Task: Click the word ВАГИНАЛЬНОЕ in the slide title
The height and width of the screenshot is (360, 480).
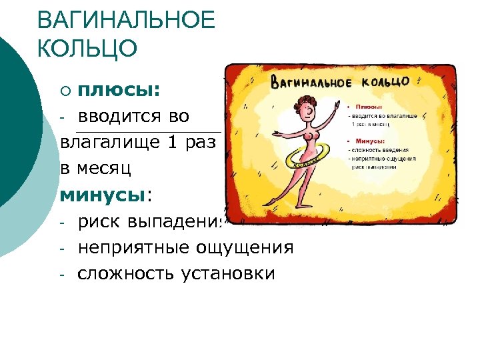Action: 127,20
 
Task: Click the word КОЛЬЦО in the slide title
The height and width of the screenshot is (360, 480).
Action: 87,49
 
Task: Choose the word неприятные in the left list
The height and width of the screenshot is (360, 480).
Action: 133,247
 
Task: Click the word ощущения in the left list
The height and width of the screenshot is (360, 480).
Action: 245,247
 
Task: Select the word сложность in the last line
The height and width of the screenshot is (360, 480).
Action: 125,273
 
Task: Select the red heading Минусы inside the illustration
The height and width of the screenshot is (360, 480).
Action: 370,141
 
